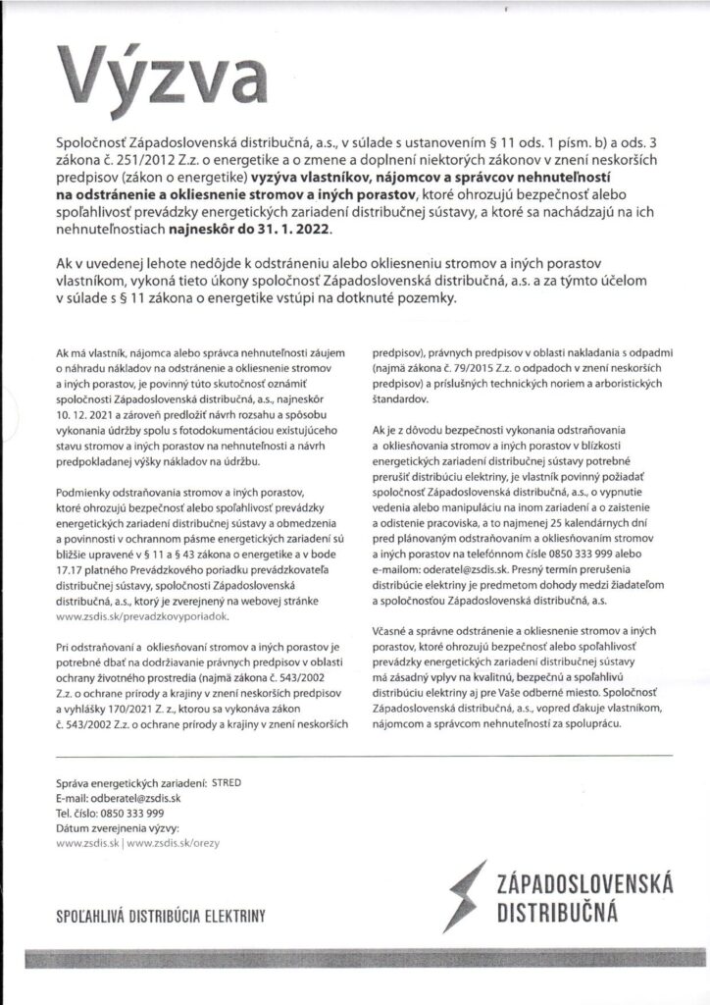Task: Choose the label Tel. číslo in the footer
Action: pos(79,814)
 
